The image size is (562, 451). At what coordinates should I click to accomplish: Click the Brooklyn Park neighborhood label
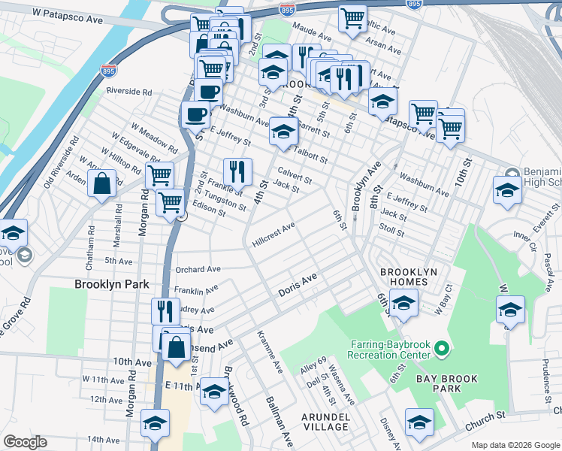[x=111, y=285]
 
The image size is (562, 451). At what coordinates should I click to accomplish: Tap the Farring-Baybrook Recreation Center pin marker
[x=442, y=350]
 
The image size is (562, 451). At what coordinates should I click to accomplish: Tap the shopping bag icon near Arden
[x=101, y=183]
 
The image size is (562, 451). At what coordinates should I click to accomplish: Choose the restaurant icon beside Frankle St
[x=237, y=171]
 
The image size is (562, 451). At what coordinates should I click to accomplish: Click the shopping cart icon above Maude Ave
[x=352, y=17]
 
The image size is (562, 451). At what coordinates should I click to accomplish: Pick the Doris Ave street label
[x=298, y=283]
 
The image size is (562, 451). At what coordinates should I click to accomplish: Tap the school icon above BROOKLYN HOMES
[x=403, y=304]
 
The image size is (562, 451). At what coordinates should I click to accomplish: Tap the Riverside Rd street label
[x=128, y=92]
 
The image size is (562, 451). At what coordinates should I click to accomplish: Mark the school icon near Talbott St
[x=283, y=132]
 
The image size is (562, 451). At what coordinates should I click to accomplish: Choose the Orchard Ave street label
[x=198, y=268]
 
